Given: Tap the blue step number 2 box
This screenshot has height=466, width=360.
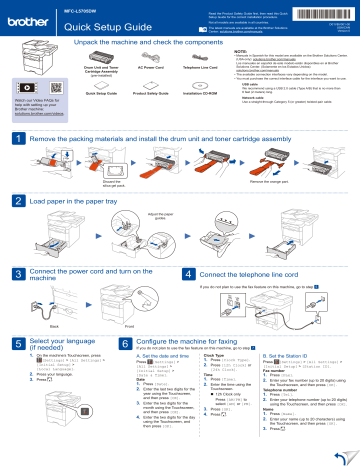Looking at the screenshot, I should pos(8,201).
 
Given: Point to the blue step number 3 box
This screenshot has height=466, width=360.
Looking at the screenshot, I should pos(8,275).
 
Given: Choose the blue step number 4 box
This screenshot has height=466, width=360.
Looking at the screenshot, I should pos(190,273).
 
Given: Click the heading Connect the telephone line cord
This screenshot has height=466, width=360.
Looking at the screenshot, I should pos(253,273).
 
